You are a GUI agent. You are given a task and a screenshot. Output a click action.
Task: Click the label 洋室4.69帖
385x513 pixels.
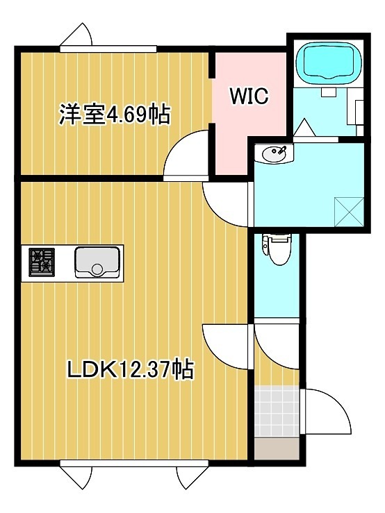pos(115,114)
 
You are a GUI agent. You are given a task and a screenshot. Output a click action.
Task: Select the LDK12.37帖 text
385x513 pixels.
pos(130,369)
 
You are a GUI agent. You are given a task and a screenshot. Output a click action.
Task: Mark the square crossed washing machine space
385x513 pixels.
pos(348,210)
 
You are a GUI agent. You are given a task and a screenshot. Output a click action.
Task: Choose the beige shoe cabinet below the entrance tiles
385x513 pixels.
pos(276,448)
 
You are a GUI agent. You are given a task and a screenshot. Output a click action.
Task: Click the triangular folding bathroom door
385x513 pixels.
pos(304,128)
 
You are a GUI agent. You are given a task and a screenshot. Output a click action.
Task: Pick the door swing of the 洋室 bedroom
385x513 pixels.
pos(187,157)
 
